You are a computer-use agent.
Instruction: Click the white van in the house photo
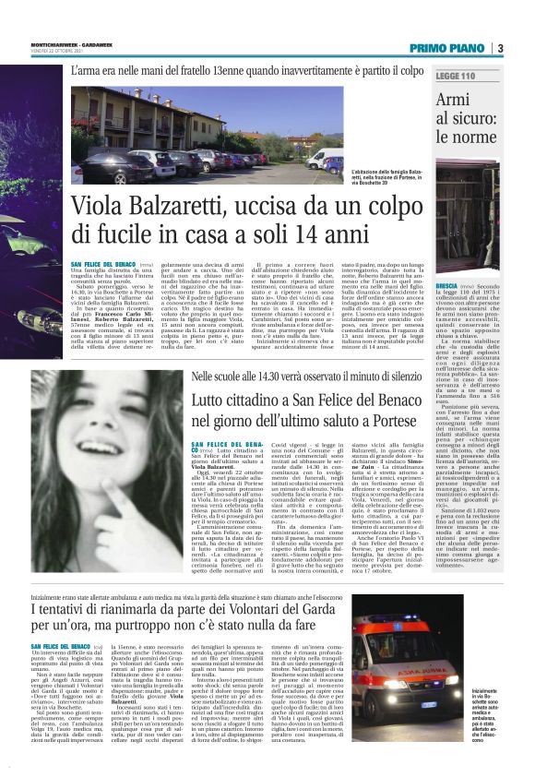coord(330,162)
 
